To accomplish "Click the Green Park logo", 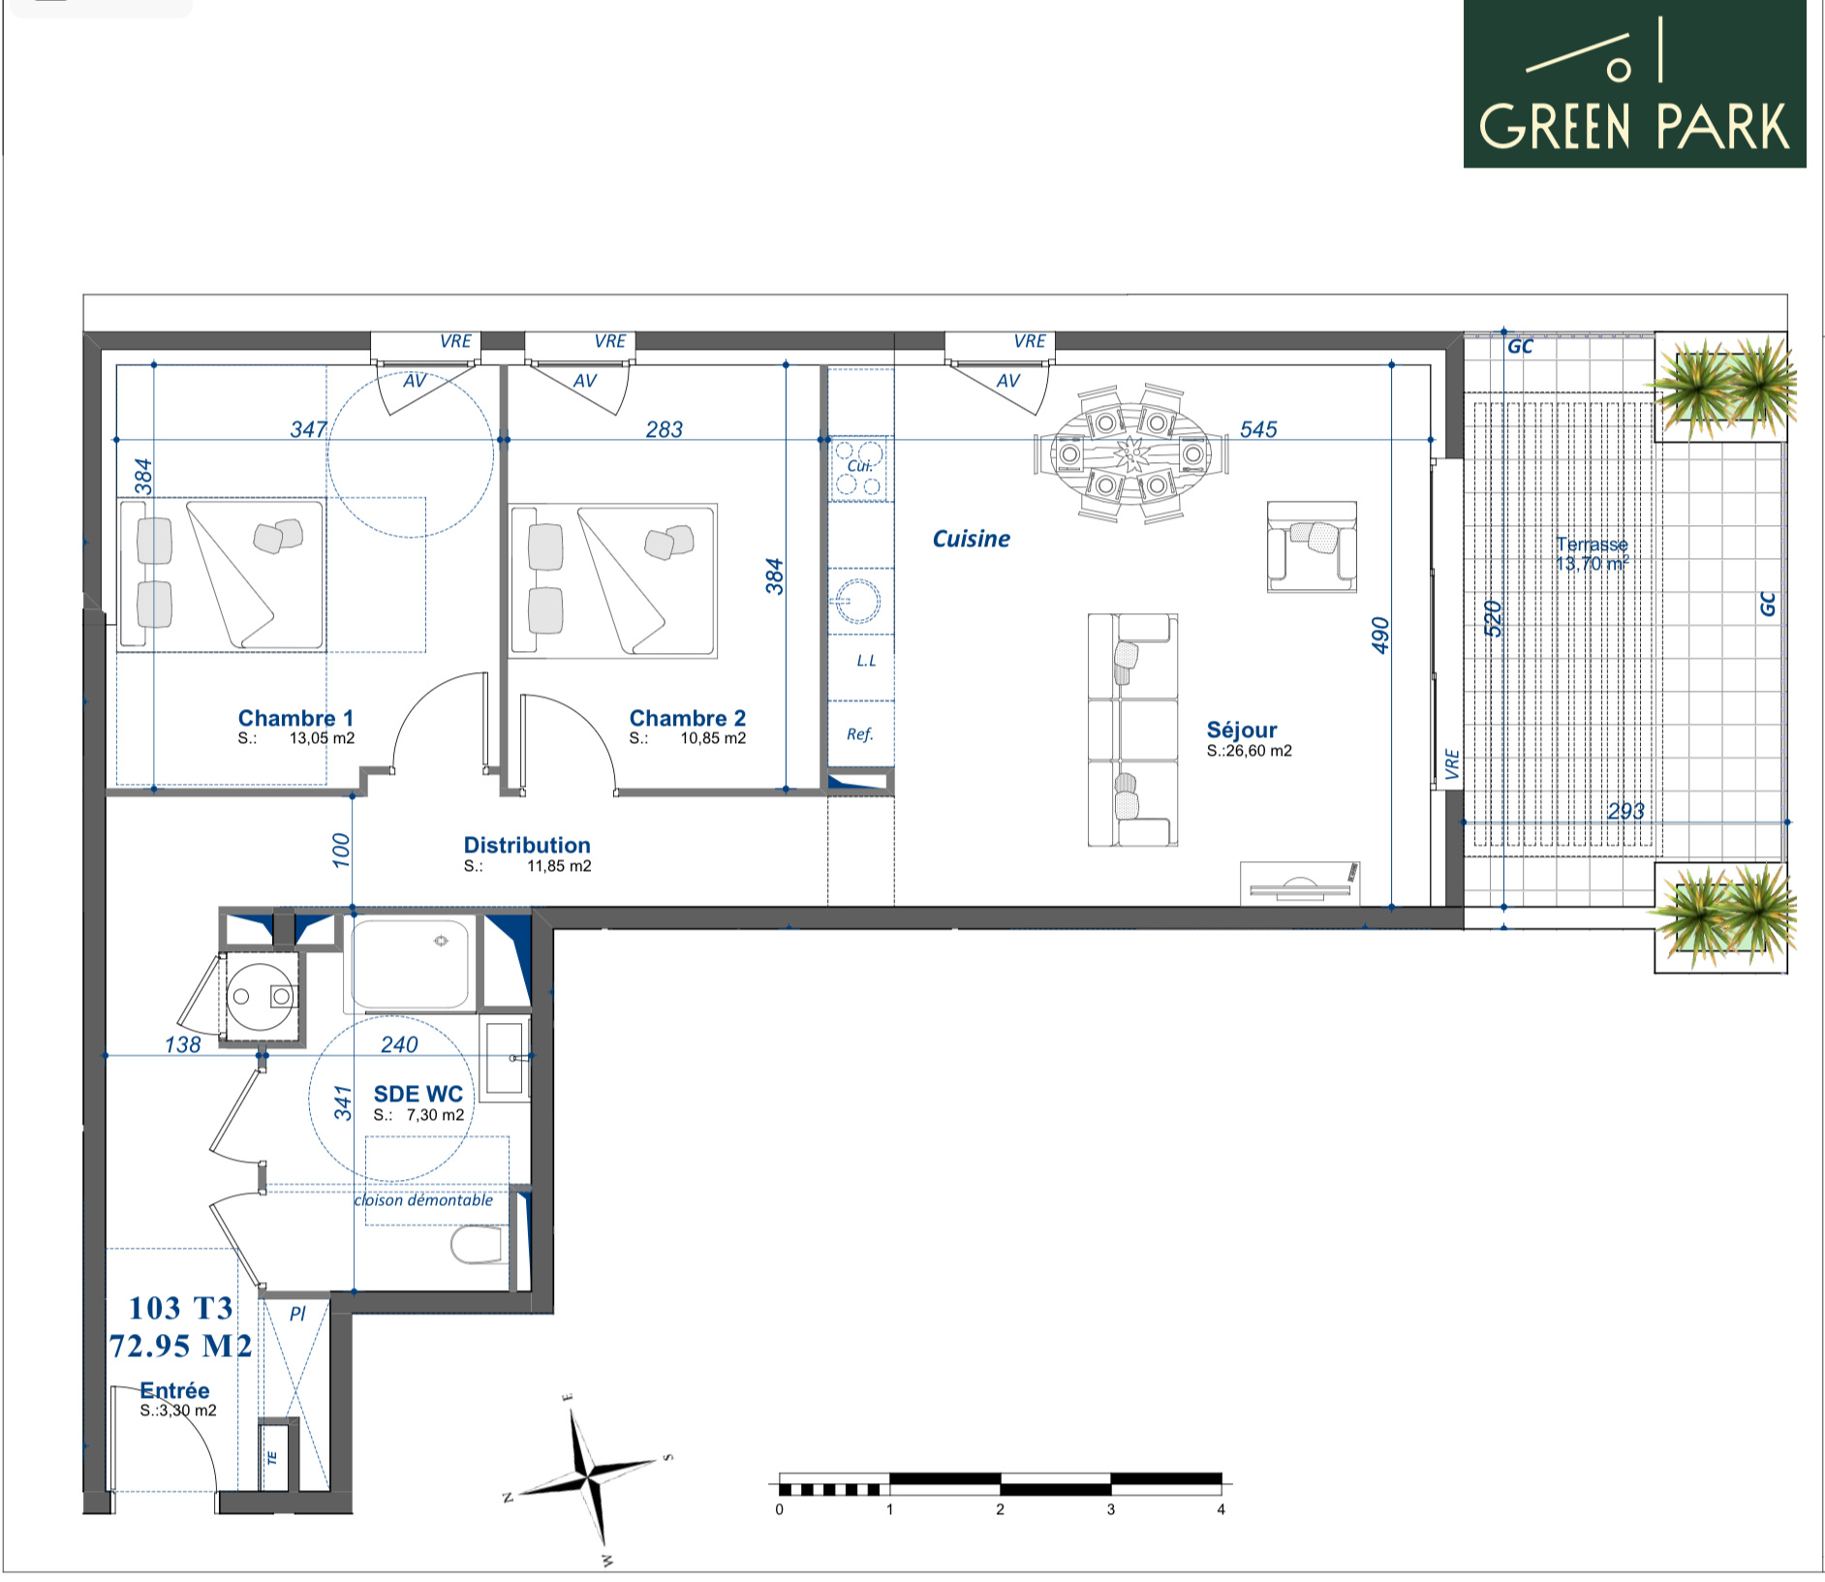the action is pos(1634,83).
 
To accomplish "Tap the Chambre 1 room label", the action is pos(296,718).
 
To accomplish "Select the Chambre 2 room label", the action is pos(688,718).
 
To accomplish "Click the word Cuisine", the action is pos(971,539).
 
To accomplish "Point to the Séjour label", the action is pos(1242,729).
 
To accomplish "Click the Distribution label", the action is pos(527,845).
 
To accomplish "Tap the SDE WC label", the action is pos(418,1094).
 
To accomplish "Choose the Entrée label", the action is pos(174,1390).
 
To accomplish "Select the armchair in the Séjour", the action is pos(1312,546).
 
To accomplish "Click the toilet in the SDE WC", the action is pos(477,1246).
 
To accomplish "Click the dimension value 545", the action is pos(1258,428).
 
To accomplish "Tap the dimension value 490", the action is pos(1380,635).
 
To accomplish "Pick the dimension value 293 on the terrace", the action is pos(1625,811).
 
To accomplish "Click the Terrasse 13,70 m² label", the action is pos(1592,553).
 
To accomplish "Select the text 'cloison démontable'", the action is pos(424,1199).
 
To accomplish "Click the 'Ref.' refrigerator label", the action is pos(860,734).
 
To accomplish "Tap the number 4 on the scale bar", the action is pos(1221,1509).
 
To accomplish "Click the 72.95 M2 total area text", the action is pos(180,1346).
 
